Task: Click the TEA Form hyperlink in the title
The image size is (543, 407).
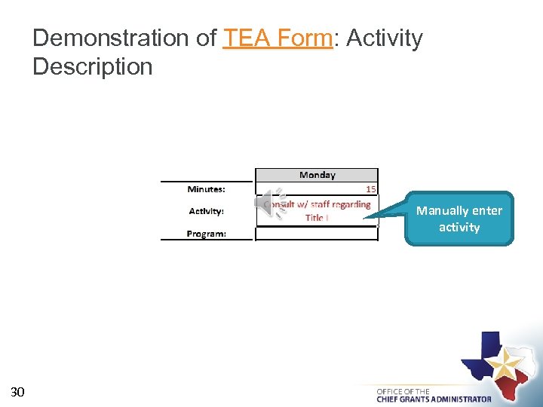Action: [278, 38]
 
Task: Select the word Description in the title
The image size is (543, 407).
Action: [92, 66]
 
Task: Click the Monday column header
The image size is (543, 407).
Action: [317, 175]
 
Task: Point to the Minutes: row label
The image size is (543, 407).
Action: [206, 189]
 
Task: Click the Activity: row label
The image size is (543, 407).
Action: [206, 211]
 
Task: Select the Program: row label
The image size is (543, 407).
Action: [206, 234]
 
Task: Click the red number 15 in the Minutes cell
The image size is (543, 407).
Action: [370, 189]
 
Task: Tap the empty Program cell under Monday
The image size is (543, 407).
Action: [317, 234]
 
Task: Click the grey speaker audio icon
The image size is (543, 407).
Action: [271, 204]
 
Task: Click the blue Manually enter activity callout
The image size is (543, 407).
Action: [459, 219]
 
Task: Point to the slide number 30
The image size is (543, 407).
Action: [18, 391]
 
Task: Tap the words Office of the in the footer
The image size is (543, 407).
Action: [403, 391]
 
